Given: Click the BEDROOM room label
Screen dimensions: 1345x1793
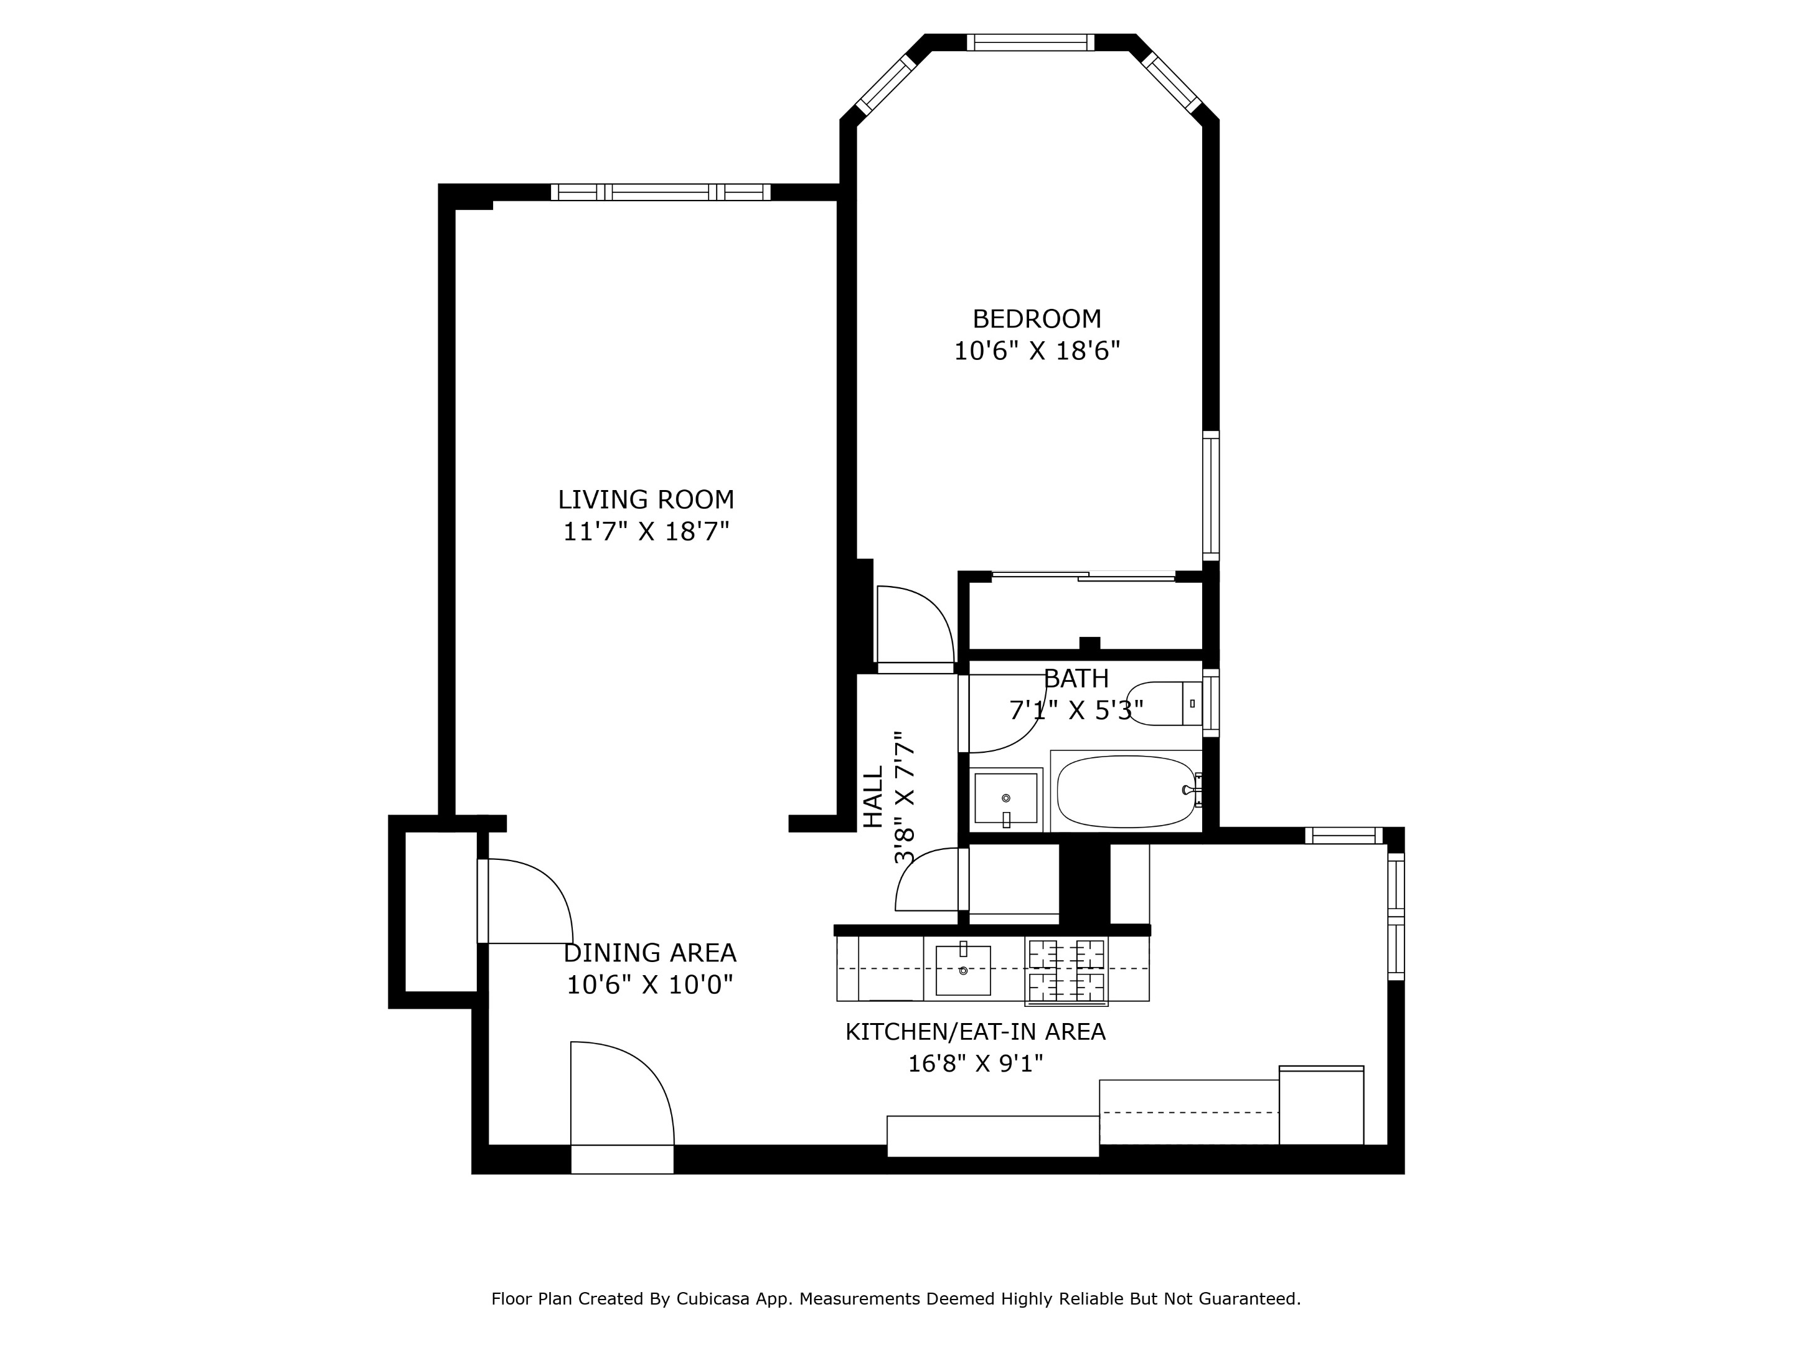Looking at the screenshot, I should [x=1036, y=319].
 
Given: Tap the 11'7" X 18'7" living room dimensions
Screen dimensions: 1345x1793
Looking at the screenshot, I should [x=646, y=532].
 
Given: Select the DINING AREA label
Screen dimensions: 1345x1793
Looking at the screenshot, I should [x=649, y=953].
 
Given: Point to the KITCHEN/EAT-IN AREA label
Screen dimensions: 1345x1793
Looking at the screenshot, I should [x=974, y=1032].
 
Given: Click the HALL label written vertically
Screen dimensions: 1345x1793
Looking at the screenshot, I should [x=872, y=798].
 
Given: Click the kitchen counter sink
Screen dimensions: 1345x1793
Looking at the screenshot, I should [x=963, y=970].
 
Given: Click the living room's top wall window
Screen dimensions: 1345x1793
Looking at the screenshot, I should [x=661, y=193].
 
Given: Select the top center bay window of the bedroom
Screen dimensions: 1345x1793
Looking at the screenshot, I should [x=1030, y=43].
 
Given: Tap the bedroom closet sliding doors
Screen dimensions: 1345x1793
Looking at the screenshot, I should [x=1084, y=577].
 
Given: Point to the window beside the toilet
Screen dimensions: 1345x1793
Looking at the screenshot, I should [x=1210, y=702].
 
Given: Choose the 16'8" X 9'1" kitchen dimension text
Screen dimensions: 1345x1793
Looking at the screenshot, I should [x=974, y=1064].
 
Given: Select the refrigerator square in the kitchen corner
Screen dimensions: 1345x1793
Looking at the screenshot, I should [x=1320, y=1106].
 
